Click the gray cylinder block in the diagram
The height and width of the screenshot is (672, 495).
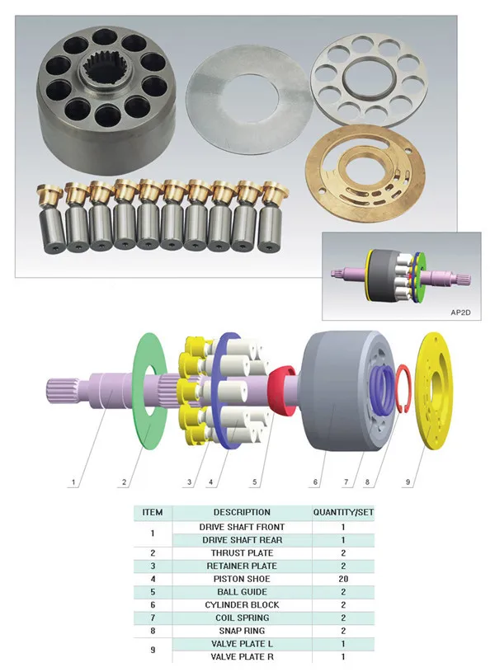click(x=338, y=392)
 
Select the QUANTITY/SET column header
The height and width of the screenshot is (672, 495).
click(x=342, y=512)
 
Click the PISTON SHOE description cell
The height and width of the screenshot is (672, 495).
click(x=241, y=579)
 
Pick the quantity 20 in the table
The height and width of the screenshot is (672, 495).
click(x=342, y=579)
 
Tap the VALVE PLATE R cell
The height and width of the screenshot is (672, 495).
click(x=241, y=657)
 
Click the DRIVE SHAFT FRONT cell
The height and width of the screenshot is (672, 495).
click(x=241, y=527)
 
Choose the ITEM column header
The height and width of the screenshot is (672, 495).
click(x=153, y=512)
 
